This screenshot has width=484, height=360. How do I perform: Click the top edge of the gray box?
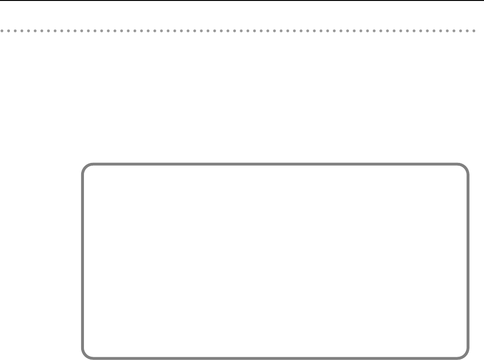(275, 164)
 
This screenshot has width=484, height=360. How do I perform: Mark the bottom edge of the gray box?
(275, 358)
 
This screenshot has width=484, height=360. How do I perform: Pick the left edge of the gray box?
(83, 261)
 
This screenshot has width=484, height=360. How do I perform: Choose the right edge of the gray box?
(468, 261)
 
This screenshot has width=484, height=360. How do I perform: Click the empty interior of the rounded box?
(275, 261)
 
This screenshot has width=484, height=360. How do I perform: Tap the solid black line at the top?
(242, 0)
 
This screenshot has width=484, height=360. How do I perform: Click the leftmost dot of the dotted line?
(2, 31)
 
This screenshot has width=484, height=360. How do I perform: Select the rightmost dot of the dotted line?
(473, 31)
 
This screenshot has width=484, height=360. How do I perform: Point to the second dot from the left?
(8, 31)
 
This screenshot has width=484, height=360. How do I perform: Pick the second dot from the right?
(467, 31)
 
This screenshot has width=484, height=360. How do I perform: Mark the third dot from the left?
(15, 31)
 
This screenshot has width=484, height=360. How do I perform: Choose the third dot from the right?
(460, 31)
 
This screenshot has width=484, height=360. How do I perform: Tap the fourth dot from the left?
(22, 31)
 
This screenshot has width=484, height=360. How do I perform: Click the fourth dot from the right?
(454, 31)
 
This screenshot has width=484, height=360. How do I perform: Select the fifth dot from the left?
(28, 31)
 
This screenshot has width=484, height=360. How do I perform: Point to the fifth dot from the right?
(447, 31)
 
